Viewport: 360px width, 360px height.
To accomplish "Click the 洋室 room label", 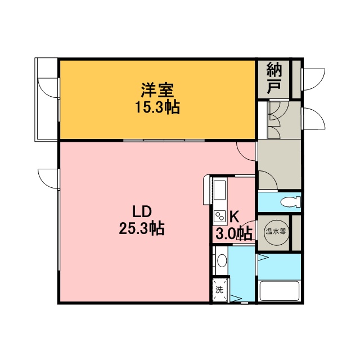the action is (x=157, y=90).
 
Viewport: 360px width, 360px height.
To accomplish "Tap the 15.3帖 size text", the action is (x=157, y=107).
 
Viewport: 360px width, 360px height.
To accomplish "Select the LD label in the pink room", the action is (x=142, y=211).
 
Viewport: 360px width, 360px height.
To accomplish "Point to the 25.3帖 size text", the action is (x=142, y=228).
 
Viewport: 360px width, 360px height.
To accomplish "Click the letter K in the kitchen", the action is (x=234, y=217).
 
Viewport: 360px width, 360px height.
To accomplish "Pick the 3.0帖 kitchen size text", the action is (x=234, y=234).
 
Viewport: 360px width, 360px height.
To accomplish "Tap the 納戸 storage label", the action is (x=274, y=79).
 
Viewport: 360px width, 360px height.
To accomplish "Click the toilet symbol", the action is (x=291, y=202).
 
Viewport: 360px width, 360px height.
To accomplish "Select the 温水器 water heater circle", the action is (x=276, y=231).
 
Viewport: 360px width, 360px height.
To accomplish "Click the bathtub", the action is (x=280, y=291).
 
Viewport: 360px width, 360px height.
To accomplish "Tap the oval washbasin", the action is (x=222, y=261).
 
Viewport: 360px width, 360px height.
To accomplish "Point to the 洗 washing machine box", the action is (x=219, y=290).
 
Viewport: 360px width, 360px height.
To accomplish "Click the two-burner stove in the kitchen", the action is (x=219, y=216).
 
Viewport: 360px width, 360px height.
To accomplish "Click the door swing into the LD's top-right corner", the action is (x=246, y=151).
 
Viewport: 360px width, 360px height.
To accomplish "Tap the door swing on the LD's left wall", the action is (x=48, y=179).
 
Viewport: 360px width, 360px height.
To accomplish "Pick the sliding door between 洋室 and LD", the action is (x=164, y=140).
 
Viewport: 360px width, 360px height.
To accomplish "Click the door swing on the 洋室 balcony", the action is (x=48, y=88).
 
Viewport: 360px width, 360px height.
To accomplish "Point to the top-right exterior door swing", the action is (x=314, y=79).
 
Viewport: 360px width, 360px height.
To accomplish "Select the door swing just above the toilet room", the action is (x=268, y=180).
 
